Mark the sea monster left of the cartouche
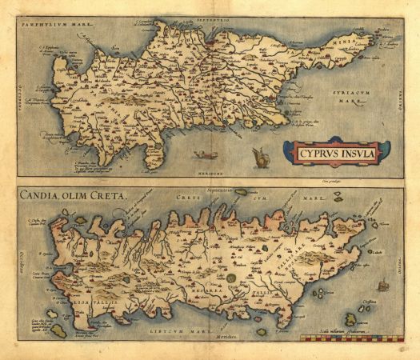pyautogui.click(x=260, y=157)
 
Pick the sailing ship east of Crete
pyautogui.click(x=382, y=283)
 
